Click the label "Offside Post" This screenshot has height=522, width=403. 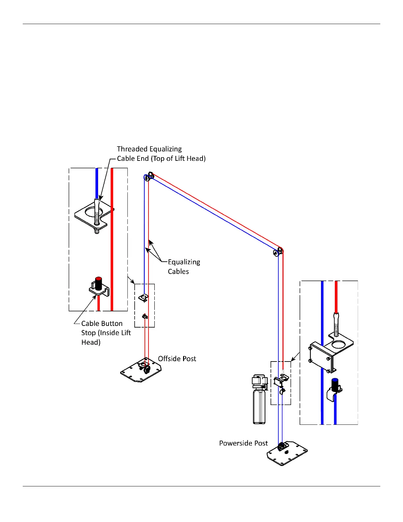click(177, 359)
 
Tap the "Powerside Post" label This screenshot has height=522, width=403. click(243, 443)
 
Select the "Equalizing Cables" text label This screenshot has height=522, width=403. click(184, 267)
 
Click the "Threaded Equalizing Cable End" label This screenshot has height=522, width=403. click(161, 154)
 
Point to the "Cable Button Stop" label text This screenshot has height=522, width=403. click(106, 333)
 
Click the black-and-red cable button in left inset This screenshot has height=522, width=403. click(98, 284)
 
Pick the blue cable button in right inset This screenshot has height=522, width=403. click(335, 385)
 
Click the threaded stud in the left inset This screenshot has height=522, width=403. click(96, 216)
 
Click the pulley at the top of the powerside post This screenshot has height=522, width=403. click(278, 252)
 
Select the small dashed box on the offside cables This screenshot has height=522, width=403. click(145, 305)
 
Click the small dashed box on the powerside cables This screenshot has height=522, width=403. click(281, 383)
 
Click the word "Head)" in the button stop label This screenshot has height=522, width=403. click(91, 342)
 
